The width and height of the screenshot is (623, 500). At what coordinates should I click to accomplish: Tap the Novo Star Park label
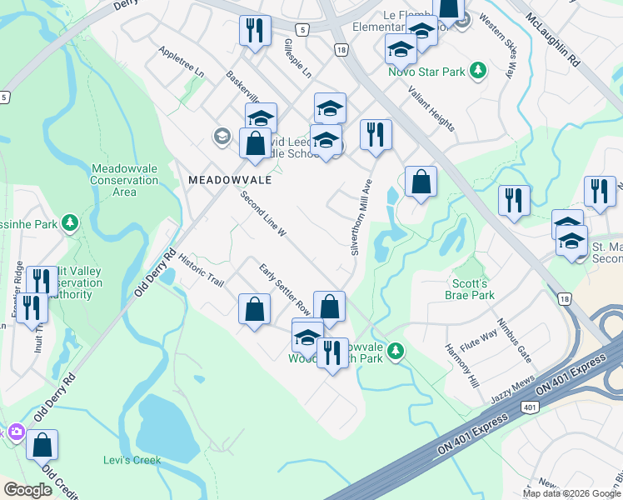(426, 72)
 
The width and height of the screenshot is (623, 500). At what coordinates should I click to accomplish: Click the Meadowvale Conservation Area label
(124, 180)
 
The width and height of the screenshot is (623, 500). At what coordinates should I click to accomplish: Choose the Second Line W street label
(263, 215)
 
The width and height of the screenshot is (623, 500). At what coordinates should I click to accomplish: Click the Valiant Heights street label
(431, 110)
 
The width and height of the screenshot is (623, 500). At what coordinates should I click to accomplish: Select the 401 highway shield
(528, 407)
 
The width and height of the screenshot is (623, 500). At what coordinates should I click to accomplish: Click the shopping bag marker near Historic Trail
(254, 308)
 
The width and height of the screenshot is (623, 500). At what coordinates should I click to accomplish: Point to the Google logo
(27, 490)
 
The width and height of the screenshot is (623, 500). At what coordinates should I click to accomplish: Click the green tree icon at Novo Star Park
(478, 72)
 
